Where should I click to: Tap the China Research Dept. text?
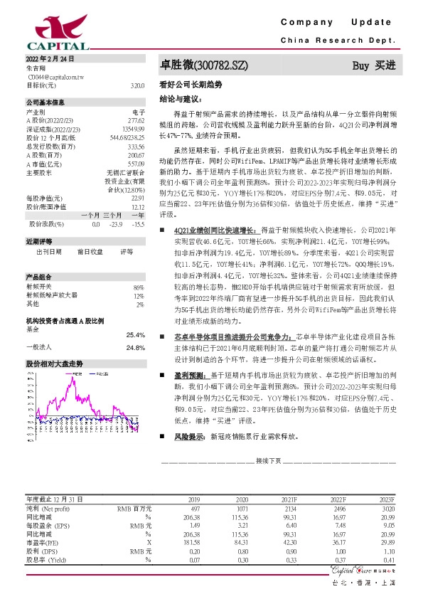coord(337,40)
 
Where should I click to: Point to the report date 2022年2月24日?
coord(50,57)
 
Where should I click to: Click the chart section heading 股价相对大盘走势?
coord(55,363)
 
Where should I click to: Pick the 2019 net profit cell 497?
coord(194,509)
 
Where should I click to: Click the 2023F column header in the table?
coord(387,500)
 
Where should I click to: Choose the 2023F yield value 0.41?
coord(387,560)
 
